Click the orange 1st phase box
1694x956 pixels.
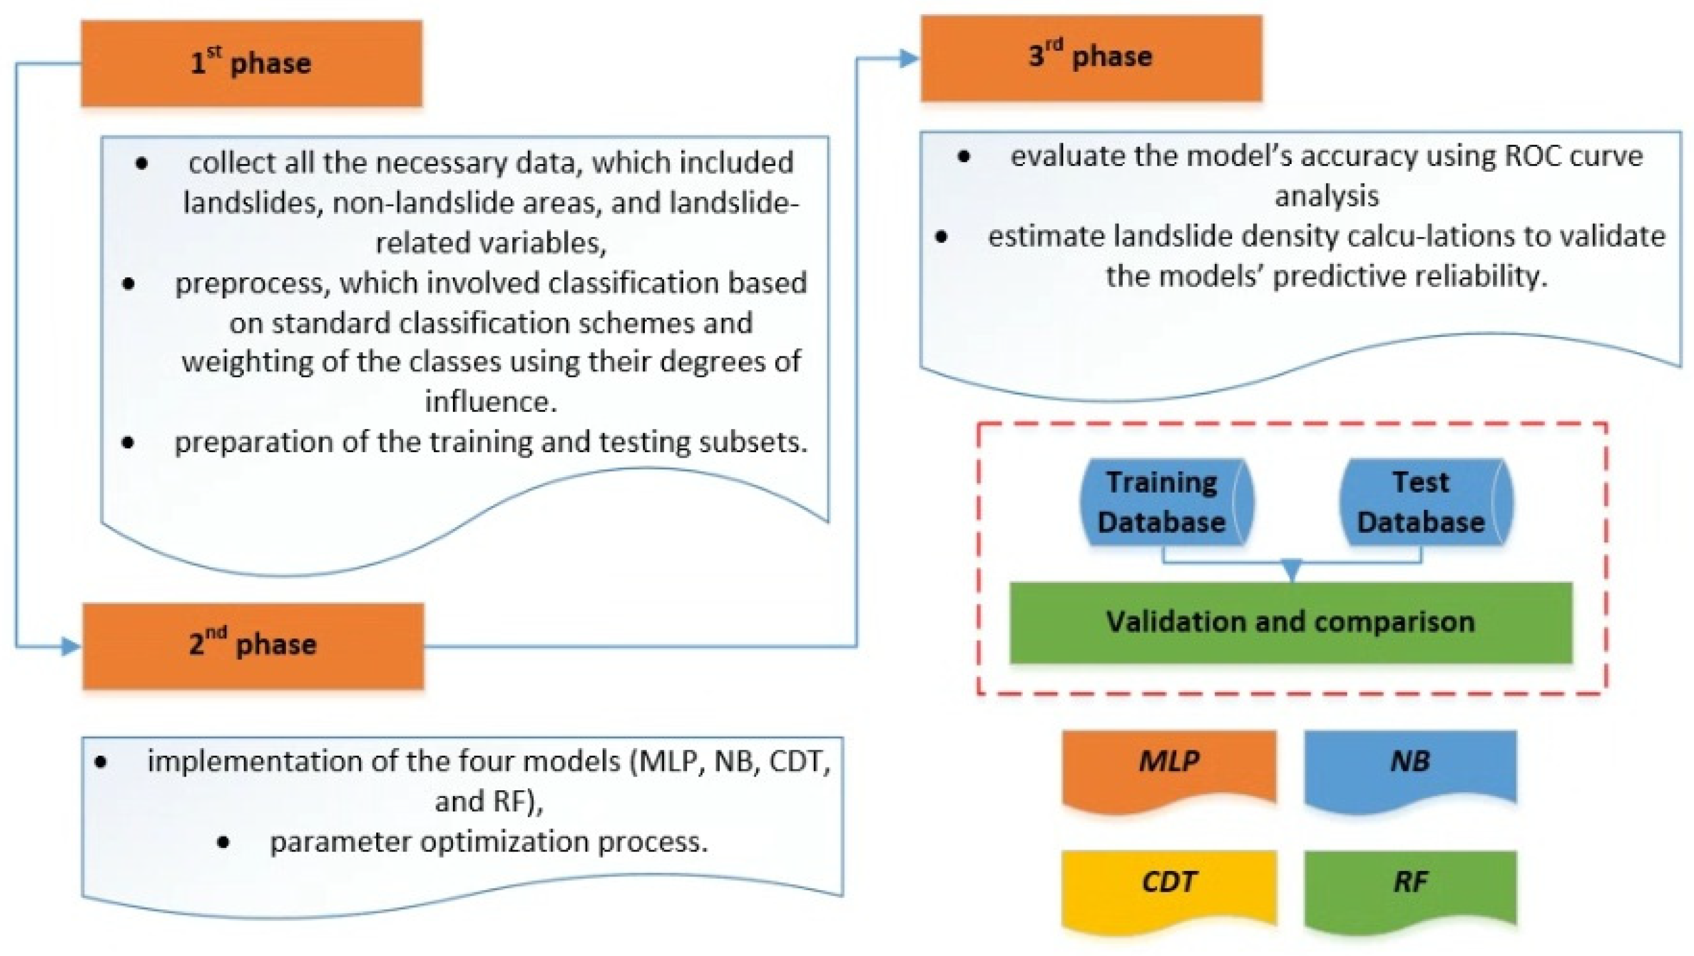point(251,64)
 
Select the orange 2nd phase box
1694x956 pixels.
point(253,646)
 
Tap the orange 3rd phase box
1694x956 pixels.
point(1091,58)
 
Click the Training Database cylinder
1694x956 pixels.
point(1166,502)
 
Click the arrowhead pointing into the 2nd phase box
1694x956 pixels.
point(70,646)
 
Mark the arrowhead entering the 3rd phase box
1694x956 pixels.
point(908,58)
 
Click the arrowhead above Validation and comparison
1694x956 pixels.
point(1292,569)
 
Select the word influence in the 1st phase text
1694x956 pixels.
point(490,402)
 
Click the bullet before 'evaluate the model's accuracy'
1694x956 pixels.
point(964,156)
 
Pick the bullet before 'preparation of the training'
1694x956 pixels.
point(128,443)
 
